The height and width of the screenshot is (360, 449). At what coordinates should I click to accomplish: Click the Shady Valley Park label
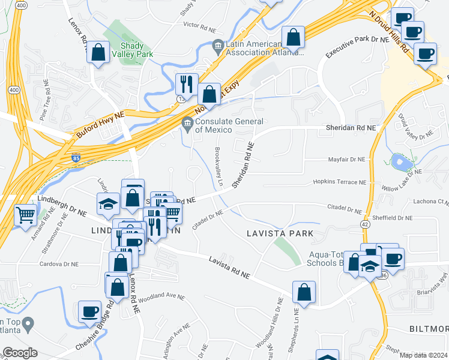pos(137,50)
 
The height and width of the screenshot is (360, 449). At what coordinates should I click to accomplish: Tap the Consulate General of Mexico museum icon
pos(187,122)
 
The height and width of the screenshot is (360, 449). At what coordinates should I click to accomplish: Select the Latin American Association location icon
pos(217,45)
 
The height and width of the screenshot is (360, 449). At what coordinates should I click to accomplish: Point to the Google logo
pos(19,353)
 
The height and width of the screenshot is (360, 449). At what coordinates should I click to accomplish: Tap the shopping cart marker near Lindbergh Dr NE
pos(25,214)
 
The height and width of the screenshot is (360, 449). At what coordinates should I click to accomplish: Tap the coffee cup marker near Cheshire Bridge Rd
pos(90,311)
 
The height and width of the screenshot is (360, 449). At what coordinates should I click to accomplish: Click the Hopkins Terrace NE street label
pos(339,182)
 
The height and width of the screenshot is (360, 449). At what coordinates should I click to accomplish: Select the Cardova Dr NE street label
pos(59,263)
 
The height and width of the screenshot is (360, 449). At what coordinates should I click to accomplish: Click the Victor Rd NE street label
pos(199,26)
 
